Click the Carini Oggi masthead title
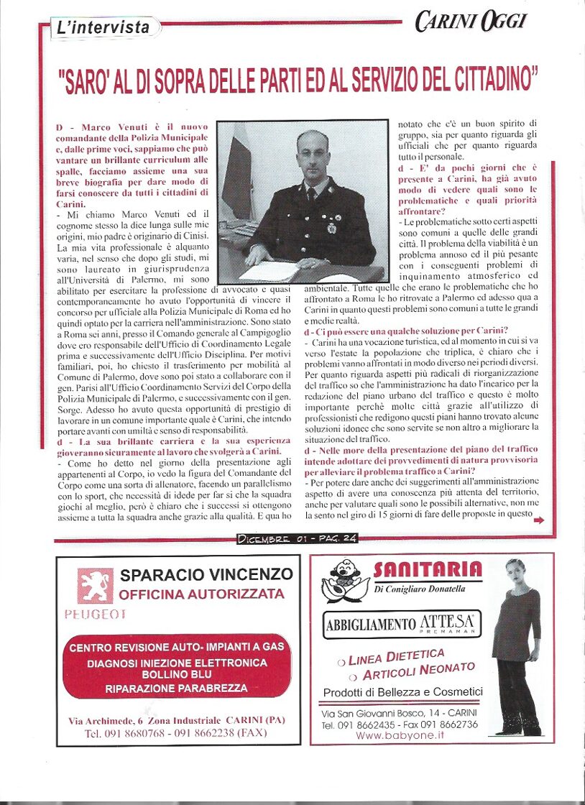pyautogui.click(x=470, y=22)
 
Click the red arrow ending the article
pyautogui.click(x=539, y=522)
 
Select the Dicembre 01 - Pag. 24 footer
pyautogui.click(x=297, y=538)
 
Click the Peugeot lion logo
pyautogui.click(x=95, y=585)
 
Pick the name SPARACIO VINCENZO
pyautogui.click(x=207, y=574)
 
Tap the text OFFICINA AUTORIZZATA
pyautogui.click(x=202, y=594)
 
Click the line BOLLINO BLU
pyautogui.click(x=176, y=675)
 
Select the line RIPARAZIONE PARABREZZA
pyautogui.click(x=176, y=688)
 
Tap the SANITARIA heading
pyautogui.click(x=427, y=571)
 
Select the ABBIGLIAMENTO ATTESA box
pyautogui.click(x=402, y=624)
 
